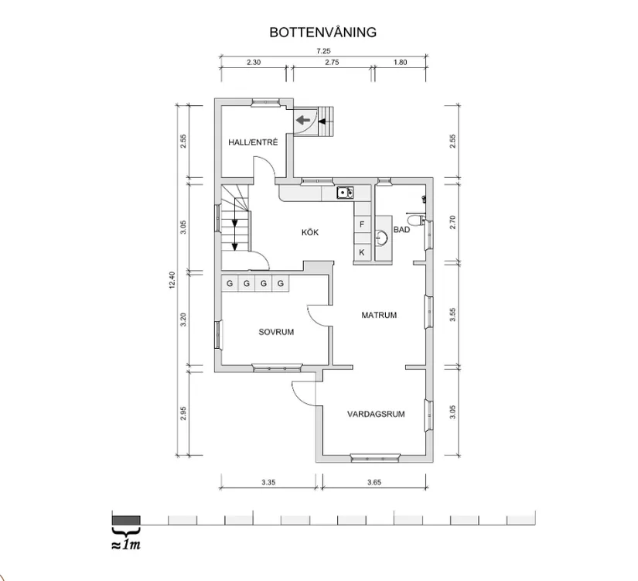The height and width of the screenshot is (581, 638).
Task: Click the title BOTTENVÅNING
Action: [322, 32]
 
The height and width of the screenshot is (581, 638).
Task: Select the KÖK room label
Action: [311, 232]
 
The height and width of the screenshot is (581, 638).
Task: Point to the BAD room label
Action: [401, 230]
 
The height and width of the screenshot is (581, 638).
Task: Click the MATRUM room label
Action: [379, 315]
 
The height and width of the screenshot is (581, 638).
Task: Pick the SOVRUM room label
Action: [275, 331]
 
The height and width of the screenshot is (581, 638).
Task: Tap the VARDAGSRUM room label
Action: [376, 413]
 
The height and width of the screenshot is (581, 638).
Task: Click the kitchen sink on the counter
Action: [345, 193]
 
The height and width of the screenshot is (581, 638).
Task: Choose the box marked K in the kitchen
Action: [361, 252]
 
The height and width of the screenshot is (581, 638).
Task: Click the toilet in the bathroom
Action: [415, 221]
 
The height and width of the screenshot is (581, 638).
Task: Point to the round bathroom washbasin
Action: [381, 236]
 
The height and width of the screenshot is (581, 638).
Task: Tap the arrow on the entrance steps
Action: [303, 121]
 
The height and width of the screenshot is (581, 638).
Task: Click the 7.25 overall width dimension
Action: [322, 50]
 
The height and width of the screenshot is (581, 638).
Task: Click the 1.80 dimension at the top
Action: [400, 63]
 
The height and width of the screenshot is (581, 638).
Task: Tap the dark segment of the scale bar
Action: [126, 519]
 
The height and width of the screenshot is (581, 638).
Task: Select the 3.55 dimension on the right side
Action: [454, 315]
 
